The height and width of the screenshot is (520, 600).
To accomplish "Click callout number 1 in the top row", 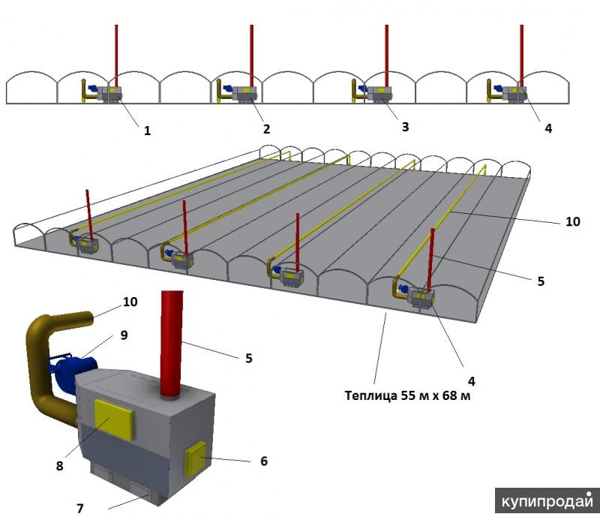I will [x=148, y=130].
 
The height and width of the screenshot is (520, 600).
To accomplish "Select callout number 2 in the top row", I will [x=266, y=128].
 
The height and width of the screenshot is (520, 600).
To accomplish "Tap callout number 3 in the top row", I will [x=405, y=127].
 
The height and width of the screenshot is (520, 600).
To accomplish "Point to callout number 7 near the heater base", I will [x=80, y=508].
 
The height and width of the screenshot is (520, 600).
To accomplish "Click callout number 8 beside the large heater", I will [x=60, y=464].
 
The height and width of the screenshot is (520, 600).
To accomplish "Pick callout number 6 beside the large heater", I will [x=263, y=460].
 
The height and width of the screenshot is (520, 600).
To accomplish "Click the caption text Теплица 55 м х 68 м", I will [x=407, y=395].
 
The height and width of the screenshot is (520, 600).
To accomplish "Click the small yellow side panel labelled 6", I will [x=197, y=459].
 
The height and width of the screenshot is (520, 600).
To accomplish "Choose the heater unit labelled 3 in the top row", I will [x=382, y=94].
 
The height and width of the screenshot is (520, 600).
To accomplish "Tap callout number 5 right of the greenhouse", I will [x=541, y=281].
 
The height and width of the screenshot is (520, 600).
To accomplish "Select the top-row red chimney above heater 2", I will [x=250, y=53].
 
